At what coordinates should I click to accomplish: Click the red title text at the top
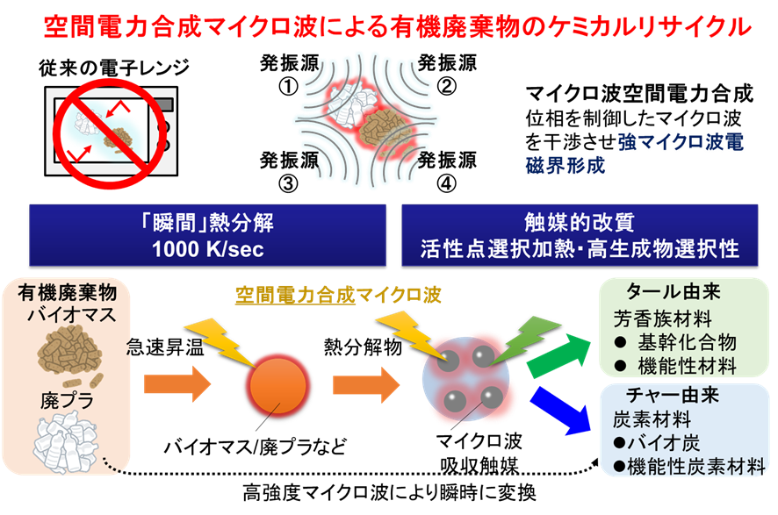(397, 27)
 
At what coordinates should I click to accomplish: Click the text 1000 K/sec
(207, 249)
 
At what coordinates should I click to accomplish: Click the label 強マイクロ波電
(681, 142)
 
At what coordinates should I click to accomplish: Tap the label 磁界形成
(566, 165)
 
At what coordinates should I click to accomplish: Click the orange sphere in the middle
(279, 384)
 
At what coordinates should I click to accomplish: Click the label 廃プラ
(68, 401)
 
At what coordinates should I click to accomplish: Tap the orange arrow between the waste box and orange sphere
(176, 384)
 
